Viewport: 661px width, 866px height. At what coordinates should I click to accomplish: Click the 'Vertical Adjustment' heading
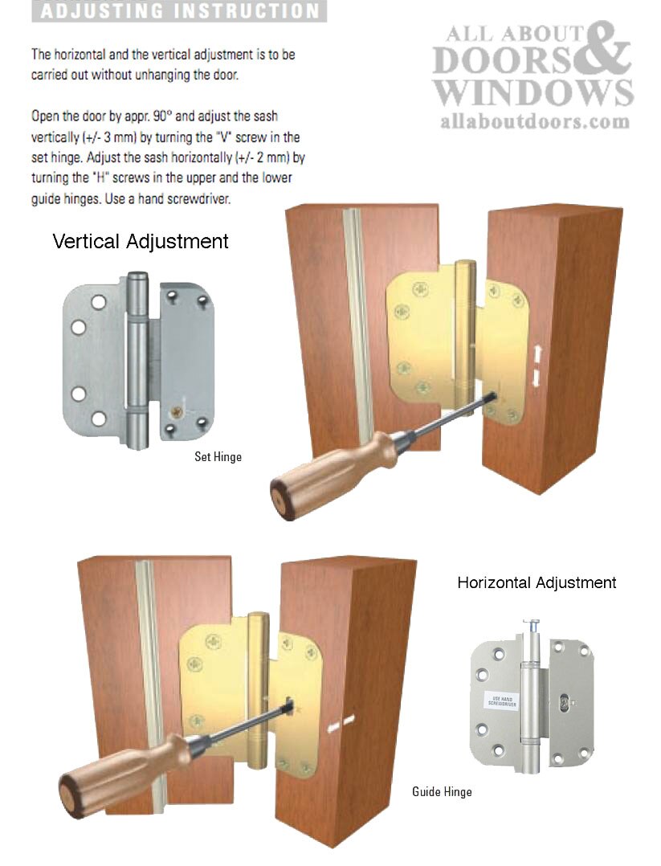pyautogui.click(x=141, y=241)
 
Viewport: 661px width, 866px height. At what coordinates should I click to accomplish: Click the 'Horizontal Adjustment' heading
pyautogui.click(x=537, y=582)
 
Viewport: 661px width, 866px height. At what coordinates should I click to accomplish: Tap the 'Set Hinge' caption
pyautogui.click(x=218, y=456)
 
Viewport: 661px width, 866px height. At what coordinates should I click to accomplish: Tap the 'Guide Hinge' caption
pyautogui.click(x=442, y=791)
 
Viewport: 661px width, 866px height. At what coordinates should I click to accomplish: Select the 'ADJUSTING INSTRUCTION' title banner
pyautogui.click(x=178, y=11)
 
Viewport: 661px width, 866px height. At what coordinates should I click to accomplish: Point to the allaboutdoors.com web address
pyautogui.click(x=535, y=121)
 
